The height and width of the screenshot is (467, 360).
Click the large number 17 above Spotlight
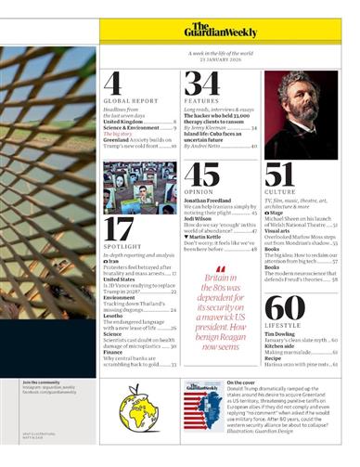pos(119,229)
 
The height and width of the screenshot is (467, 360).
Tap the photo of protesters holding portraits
pos(139,186)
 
